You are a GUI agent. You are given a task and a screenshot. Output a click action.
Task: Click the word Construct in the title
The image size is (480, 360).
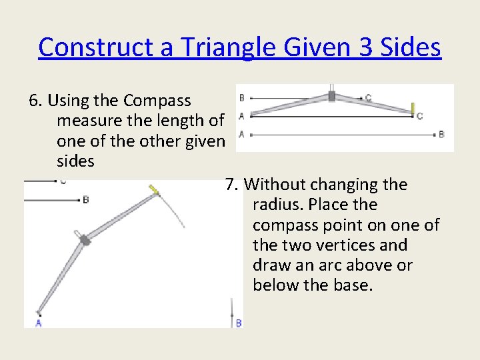(x=86, y=47)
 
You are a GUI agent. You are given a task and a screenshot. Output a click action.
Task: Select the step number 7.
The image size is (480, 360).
(x=230, y=185)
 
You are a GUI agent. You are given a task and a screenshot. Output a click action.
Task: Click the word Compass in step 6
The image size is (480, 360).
(x=157, y=101)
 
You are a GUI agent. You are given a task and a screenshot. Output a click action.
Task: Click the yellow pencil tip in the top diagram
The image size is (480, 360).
(x=413, y=108)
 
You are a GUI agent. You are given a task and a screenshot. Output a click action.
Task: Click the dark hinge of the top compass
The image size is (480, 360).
(x=331, y=96)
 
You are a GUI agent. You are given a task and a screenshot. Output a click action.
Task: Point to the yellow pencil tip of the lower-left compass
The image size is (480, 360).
(x=155, y=191)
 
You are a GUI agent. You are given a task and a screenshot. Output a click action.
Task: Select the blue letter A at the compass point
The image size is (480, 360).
(x=38, y=323)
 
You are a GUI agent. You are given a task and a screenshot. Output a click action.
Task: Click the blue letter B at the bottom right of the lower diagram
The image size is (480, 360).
(x=239, y=323)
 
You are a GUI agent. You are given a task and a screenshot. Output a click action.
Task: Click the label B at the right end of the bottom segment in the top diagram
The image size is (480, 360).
(x=441, y=135)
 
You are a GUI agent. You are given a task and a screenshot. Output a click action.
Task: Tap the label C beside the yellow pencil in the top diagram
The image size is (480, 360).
(x=419, y=117)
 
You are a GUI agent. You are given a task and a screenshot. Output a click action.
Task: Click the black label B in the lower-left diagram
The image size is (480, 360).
(x=85, y=199)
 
